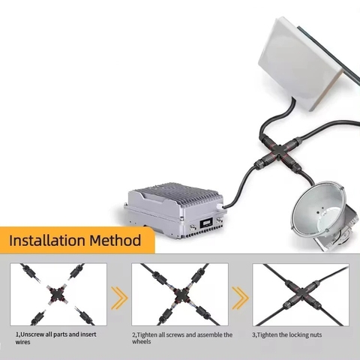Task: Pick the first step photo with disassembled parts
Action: (x=58, y=294)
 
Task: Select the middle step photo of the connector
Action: (x=180, y=294)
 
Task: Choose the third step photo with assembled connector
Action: (x=300, y=294)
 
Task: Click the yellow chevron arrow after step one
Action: (x=119, y=298)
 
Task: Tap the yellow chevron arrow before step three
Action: (x=239, y=298)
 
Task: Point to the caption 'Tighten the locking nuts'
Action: (x=286, y=334)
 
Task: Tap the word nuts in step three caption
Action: (x=314, y=334)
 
